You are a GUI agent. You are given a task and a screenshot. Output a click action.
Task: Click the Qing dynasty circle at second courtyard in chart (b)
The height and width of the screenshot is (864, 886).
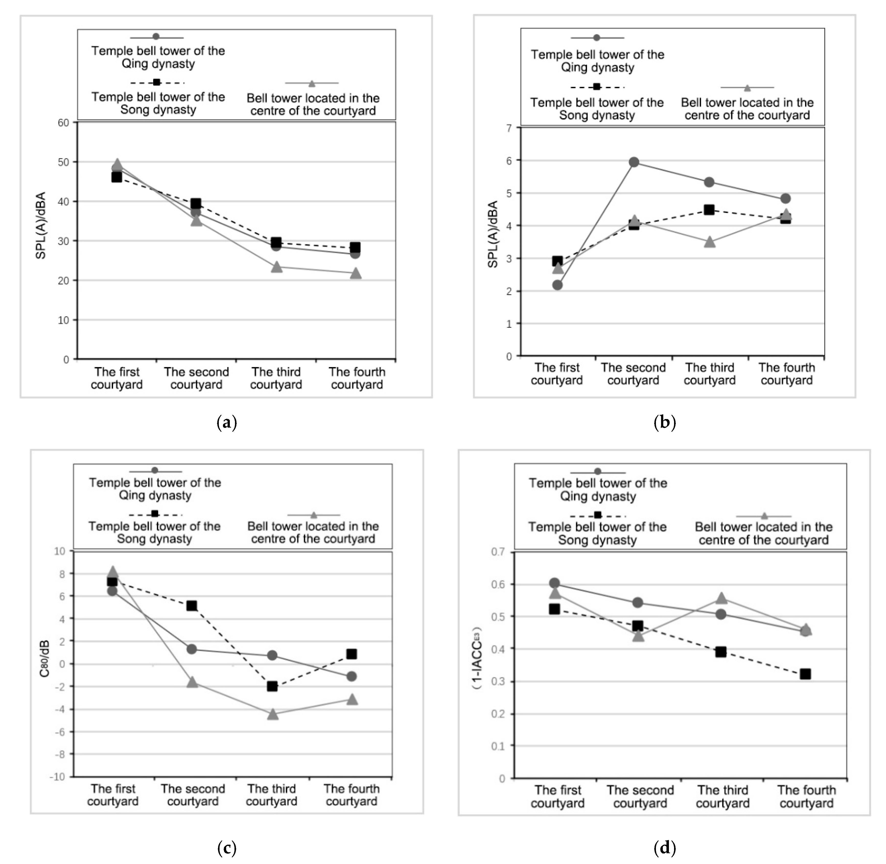(634, 162)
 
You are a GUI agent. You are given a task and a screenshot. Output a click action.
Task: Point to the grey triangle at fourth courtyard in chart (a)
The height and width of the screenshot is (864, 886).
(356, 273)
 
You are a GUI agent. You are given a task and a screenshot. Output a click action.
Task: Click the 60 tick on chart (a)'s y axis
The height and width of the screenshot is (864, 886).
(63, 123)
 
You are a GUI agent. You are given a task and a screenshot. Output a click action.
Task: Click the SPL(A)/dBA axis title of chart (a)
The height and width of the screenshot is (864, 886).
(41, 225)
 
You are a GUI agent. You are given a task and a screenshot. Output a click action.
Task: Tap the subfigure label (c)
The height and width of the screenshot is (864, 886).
(227, 847)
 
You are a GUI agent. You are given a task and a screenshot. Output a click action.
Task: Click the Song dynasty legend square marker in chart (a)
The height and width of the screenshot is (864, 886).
(156, 82)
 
